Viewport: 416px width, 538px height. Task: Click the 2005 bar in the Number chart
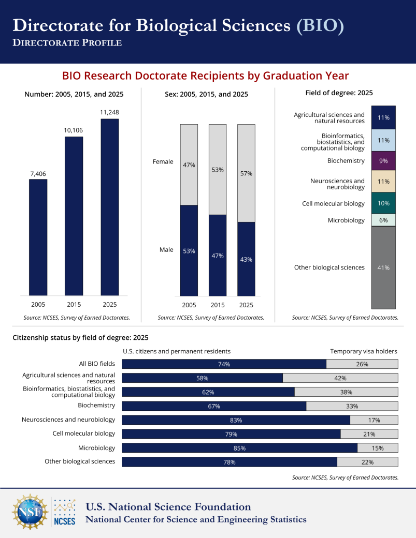tap(38, 237)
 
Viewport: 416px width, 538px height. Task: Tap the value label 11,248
tap(110, 112)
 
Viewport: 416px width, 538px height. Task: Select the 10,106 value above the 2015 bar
tap(74, 130)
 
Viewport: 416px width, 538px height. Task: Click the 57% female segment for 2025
tap(246, 173)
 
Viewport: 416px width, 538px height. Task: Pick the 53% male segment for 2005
tap(189, 250)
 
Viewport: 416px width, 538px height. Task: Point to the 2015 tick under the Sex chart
tap(218, 305)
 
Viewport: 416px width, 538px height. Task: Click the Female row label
tap(163, 161)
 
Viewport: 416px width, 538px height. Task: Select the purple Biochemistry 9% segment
tap(383, 160)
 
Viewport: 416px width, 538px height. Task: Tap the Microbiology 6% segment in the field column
tap(383, 220)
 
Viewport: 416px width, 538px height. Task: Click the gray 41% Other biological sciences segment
tap(383, 267)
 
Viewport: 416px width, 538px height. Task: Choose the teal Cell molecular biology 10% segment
tap(383, 203)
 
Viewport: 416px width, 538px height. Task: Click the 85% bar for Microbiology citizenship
tap(240, 448)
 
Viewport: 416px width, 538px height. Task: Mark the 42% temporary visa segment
tap(340, 378)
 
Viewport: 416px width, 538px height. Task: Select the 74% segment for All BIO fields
tap(224, 364)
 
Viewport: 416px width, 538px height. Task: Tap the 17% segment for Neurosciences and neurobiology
tap(374, 420)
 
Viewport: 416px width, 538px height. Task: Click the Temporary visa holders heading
tap(364, 351)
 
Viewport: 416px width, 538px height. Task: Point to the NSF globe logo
tap(30, 512)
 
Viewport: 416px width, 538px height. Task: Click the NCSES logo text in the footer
tap(65, 521)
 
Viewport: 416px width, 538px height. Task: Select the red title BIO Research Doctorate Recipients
tap(206, 76)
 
